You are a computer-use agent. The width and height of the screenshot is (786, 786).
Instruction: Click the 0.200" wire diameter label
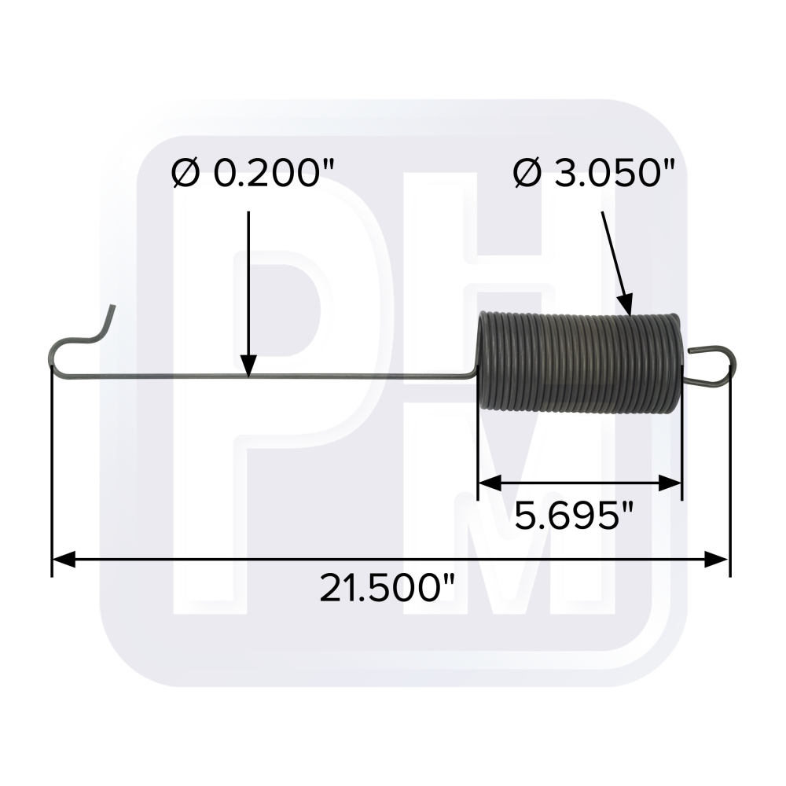252,174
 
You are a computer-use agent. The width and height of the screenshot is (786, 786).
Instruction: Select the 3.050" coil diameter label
594,174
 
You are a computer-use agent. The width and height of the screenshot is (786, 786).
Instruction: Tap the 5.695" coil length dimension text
575,516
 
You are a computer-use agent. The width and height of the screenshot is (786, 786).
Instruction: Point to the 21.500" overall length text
387,588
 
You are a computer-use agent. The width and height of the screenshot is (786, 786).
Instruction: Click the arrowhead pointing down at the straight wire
248,365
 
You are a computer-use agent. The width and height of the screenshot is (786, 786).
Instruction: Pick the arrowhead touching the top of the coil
626,305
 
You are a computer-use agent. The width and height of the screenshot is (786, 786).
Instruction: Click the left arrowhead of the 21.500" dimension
64,559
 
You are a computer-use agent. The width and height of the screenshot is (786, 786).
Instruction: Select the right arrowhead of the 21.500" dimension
717,559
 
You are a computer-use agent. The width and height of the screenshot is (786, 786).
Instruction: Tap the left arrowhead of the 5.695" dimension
490,483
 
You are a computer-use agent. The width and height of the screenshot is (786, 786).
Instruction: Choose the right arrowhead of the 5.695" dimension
670,483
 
